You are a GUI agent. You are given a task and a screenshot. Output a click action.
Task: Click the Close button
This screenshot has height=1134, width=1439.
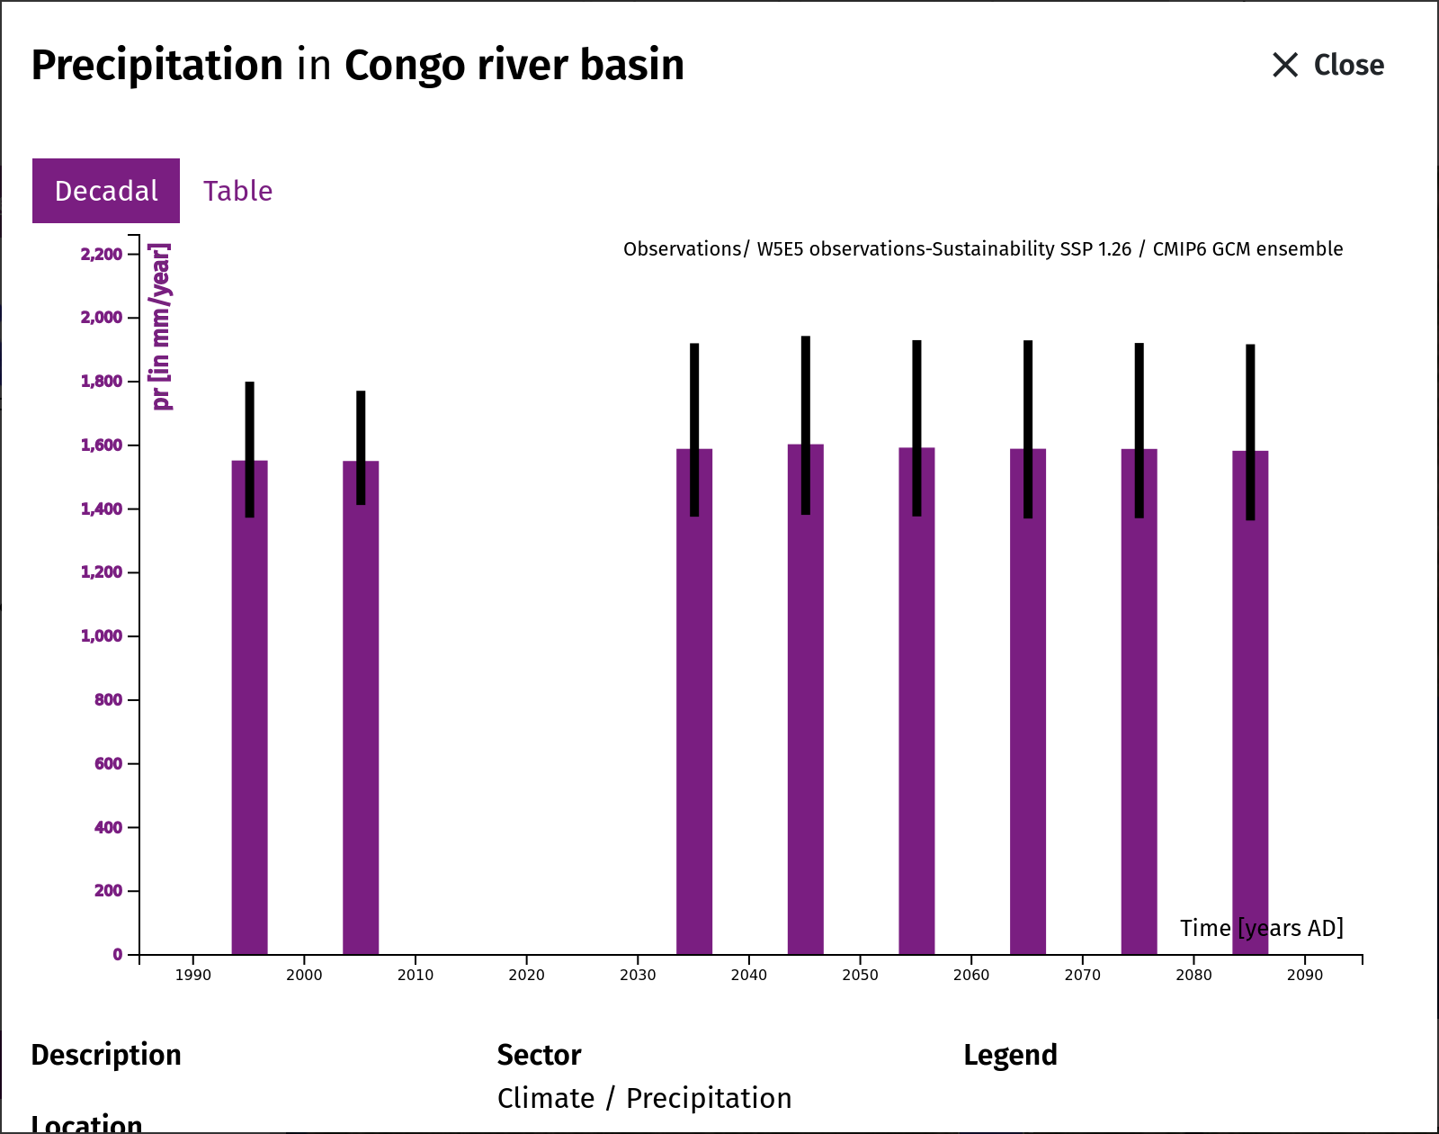[x=1327, y=65]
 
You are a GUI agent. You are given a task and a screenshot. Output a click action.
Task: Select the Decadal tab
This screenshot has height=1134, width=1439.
[x=105, y=191]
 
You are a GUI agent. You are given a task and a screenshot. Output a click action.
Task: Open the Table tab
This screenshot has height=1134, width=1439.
[x=238, y=192]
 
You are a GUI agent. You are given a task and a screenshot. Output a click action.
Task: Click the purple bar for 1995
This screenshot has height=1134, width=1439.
[x=249, y=706]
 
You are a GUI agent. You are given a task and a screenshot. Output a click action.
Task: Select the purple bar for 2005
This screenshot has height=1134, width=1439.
[x=361, y=707]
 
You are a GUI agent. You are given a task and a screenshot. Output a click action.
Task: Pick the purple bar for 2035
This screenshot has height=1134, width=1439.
[x=694, y=702]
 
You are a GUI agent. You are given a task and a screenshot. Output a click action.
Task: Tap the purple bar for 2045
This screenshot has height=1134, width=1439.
[x=805, y=699]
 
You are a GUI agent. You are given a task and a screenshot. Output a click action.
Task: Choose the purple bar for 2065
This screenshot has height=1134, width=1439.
[x=1028, y=702]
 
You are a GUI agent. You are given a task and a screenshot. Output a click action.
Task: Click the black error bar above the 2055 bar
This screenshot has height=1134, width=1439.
[x=916, y=428]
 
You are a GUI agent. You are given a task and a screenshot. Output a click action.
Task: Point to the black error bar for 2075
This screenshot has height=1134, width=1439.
[x=1139, y=430]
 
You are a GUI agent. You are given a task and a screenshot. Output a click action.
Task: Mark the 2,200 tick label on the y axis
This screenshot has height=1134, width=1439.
[x=102, y=255]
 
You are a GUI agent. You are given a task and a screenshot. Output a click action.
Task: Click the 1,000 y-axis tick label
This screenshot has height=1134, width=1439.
[x=102, y=636]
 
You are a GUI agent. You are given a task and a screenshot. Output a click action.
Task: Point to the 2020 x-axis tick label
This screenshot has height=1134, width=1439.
[x=526, y=976]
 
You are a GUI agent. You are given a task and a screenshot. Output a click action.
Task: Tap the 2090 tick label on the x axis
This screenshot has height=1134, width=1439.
[x=1305, y=976]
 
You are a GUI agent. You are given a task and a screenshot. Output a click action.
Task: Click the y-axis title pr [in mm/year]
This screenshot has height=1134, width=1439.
[x=162, y=327]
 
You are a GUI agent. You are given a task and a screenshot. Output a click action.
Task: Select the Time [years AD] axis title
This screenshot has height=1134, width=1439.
[x=1261, y=929]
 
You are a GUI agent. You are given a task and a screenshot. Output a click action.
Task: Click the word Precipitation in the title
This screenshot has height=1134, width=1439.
[x=157, y=67]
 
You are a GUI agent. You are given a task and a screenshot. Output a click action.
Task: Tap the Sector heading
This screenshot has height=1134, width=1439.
[x=539, y=1055]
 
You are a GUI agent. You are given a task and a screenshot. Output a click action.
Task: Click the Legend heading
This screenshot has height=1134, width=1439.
[x=1010, y=1056]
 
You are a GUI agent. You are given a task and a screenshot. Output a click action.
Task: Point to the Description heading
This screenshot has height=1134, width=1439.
[x=106, y=1056]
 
